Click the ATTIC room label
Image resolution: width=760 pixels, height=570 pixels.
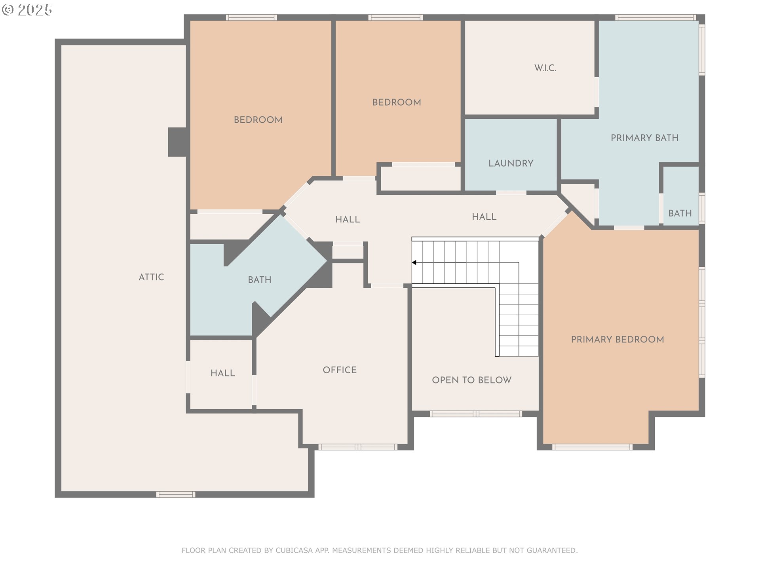click(x=151, y=277)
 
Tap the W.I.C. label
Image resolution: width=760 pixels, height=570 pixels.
click(x=545, y=68)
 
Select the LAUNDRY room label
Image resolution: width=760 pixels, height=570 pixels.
click(x=511, y=163)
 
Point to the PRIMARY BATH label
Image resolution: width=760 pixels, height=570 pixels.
click(x=644, y=138)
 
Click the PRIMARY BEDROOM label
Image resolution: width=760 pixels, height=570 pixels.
click(x=617, y=339)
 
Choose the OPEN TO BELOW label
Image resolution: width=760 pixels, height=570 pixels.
click(x=471, y=380)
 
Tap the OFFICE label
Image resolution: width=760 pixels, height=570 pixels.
click(x=339, y=370)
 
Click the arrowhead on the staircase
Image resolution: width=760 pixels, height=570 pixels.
click(x=414, y=262)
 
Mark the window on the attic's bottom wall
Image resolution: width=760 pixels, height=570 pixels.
click(x=175, y=494)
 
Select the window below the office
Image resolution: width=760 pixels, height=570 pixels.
click(x=357, y=447)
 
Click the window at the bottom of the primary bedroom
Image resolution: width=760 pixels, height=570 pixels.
click(x=592, y=447)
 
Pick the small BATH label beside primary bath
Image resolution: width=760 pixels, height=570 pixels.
click(x=680, y=213)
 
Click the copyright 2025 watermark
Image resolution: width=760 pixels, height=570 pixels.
click(x=27, y=10)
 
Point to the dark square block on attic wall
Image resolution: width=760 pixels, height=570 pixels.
click(x=177, y=142)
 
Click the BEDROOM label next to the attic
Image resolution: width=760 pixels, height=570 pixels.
click(x=258, y=120)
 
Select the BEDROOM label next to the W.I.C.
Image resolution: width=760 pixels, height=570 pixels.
click(x=396, y=102)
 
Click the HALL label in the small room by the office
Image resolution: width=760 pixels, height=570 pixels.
click(x=222, y=373)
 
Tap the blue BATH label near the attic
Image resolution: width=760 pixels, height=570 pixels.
click(x=259, y=280)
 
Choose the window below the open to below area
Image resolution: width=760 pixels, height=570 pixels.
click(x=476, y=414)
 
